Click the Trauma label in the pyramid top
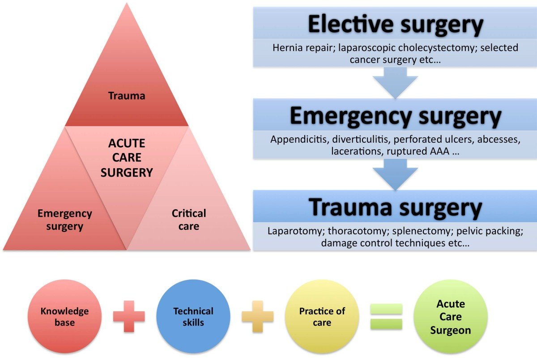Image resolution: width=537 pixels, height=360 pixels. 126,96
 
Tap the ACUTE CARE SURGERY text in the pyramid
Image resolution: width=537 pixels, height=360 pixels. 127,158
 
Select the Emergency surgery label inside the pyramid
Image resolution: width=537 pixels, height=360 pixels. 64,220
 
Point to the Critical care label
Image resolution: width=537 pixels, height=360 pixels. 189,220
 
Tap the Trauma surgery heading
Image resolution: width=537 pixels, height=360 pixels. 396,207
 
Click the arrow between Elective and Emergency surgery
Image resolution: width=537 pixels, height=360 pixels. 395,84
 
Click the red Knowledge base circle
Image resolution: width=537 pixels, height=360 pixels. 64,317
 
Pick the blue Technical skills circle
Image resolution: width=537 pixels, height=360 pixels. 193,317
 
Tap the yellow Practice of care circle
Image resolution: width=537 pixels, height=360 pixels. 322,317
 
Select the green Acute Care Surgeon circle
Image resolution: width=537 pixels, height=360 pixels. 451,317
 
